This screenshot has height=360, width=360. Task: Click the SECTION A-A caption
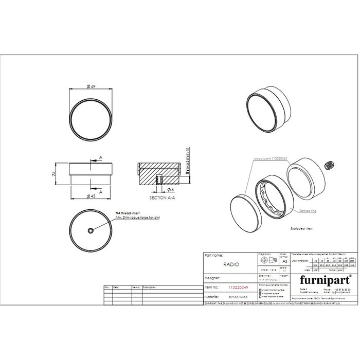[x=160, y=197]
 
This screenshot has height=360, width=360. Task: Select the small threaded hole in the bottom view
[x=91, y=231]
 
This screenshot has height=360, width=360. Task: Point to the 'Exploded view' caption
[x=302, y=226]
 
